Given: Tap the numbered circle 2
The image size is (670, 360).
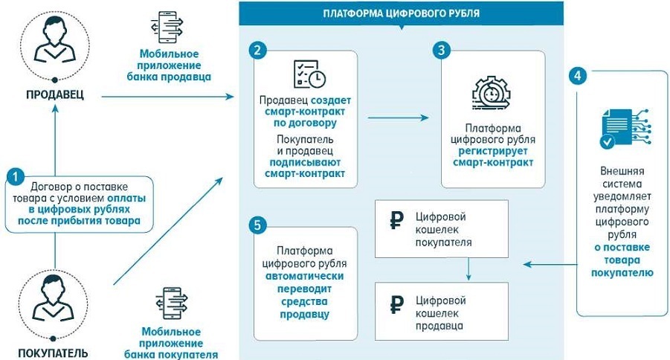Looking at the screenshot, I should (x=257, y=51).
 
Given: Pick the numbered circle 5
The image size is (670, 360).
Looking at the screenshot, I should (x=257, y=224).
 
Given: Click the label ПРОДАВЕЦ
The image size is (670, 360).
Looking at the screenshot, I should (x=54, y=95).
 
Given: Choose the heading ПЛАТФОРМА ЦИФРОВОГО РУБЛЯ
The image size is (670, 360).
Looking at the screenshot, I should (x=401, y=13).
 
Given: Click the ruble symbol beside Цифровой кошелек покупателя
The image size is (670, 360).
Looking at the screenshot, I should (x=397, y=221).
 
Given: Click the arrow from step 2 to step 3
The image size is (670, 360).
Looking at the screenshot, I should (x=399, y=117).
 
